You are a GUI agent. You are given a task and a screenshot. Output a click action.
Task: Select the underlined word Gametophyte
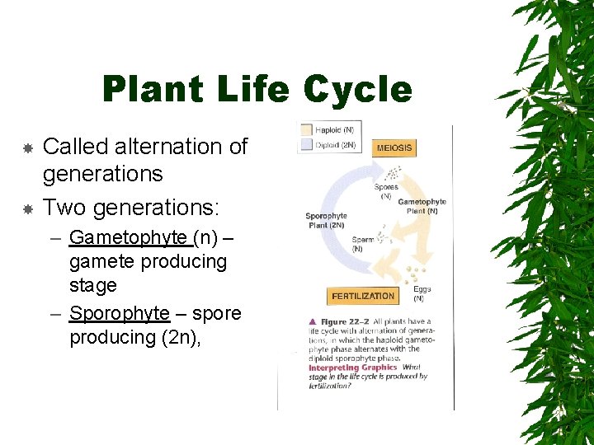pyautogui.click(x=128, y=237)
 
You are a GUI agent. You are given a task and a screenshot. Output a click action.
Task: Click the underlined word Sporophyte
pyautogui.click(x=120, y=313)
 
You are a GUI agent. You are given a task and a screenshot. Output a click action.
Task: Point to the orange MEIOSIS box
pyautogui.click(x=394, y=148)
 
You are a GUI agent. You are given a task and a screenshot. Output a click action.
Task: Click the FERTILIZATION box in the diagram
pyautogui.click(x=363, y=296)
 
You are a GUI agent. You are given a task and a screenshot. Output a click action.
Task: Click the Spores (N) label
pyautogui.click(x=386, y=190)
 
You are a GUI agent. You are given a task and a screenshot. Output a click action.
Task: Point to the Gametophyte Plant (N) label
pyautogui.click(x=422, y=206)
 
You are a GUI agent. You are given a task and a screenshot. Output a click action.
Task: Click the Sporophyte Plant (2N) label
pyautogui.click(x=326, y=221)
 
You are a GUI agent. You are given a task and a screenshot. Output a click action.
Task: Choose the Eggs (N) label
pyautogui.click(x=422, y=293)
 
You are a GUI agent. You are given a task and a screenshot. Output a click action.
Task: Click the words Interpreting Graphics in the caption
pyautogui.click(x=353, y=368)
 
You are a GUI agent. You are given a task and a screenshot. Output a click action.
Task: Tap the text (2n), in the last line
pyautogui.click(x=177, y=337)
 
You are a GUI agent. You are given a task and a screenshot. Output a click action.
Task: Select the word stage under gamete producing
pyautogui.click(x=93, y=285)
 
